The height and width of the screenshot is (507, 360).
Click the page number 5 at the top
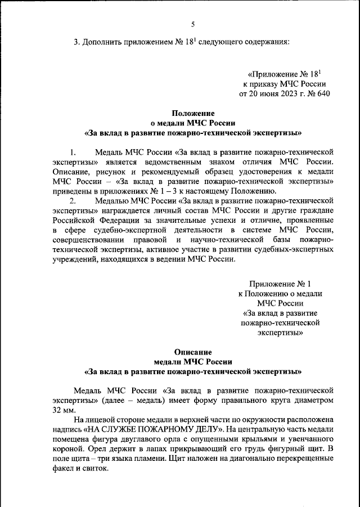point(192,24)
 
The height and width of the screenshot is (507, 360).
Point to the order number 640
point(320,93)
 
